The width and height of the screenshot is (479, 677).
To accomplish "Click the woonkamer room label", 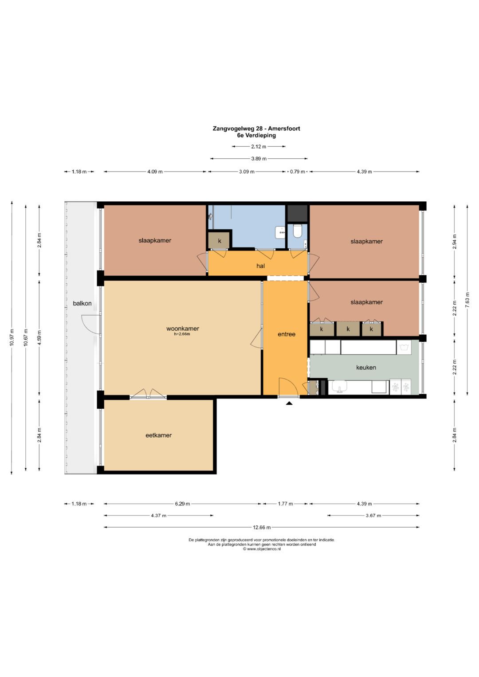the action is pyautogui.click(x=183, y=329).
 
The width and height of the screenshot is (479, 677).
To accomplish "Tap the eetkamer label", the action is pyautogui.click(x=158, y=435).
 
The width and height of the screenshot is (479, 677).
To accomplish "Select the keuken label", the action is pyautogui.click(x=366, y=368).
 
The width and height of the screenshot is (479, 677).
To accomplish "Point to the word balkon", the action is pyautogui.click(x=82, y=303).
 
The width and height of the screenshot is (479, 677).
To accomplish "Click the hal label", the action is pyautogui.click(x=260, y=266).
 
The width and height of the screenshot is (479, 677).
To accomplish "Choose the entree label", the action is pyautogui.click(x=287, y=334).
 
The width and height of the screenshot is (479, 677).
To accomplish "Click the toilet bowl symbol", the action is pyautogui.click(x=298, y=231).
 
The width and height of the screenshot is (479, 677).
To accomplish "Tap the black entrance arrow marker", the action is pyautogui.click(x=289, y=403).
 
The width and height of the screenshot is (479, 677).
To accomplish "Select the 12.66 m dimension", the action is pyautogui.click(x=262, y=528).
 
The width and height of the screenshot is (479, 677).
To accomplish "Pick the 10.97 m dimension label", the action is pyautogui.click(x=12, y=337).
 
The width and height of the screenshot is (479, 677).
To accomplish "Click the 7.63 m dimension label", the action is pyautogui.click(x=467, y=300).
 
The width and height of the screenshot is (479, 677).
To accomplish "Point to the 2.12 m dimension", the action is pyautogui.click(x=259, y=147).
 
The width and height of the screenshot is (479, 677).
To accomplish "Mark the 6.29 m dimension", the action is pyautogui.click(x=182, y=504).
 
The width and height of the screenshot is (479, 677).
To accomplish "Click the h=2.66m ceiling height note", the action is pyautogui.click(x=182, y=334).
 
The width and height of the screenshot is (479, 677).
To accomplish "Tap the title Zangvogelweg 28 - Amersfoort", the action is pyautogui.click(x=256, y=129).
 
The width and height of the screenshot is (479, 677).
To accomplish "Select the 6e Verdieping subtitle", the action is pyautogui.click(x=256, y=135).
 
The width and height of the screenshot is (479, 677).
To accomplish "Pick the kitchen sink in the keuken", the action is pyautogui.click(x=340, y=387).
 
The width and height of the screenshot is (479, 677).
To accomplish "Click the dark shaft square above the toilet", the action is pyautogui.click(x=298, y=214).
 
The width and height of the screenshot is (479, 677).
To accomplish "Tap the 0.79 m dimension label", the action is pyautogui.click(x=297, y=172).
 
